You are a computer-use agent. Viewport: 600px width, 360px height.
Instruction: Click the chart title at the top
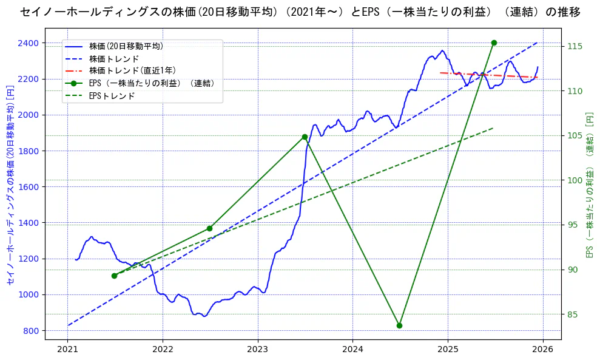pyautogui.click(x=300, y=12)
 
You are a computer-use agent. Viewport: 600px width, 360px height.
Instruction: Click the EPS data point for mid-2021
pyautogui.click(x=114, y=276)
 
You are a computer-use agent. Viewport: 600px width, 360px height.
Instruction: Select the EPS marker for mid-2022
pyautogui.click(x=209, y=228)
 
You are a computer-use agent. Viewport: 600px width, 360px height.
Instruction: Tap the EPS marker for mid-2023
pyautogui.click(x=305, y=137)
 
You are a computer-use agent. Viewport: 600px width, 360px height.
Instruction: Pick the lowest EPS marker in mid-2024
pyautogui.click(x=399, y=325)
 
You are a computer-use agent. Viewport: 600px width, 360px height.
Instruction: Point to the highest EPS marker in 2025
pyautogui.click(x=494, y=42)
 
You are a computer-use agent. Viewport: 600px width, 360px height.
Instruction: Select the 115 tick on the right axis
pyautogui.click(x=575, y=46)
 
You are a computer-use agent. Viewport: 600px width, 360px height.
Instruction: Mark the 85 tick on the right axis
pyautogui.click(x=573, y=314)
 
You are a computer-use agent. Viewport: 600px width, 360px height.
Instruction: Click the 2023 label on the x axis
pyautogui.click(x=258, y=350)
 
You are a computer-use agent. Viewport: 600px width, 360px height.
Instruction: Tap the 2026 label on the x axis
pyautogui.click(x=543, y=350)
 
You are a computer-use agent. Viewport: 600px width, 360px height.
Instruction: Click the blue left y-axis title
pyautogui.click(x=10, y=185)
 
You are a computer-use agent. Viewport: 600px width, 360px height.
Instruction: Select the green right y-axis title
pyautogui.click(x=588, y=185)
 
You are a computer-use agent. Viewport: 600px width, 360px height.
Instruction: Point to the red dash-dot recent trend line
pyautogui.click(x=485, y=75)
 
